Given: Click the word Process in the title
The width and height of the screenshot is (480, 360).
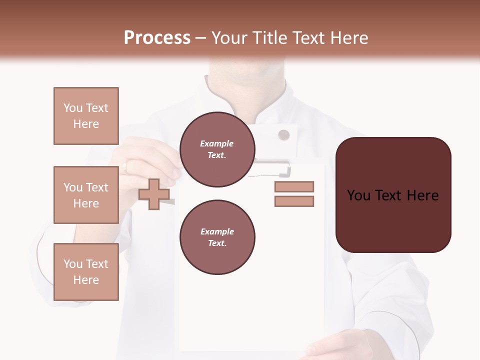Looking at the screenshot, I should [x=157, y=38].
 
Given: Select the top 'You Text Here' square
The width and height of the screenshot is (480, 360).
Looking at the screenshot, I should [x=86, y=116].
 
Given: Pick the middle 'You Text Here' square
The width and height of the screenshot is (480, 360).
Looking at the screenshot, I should [x=86, y=195].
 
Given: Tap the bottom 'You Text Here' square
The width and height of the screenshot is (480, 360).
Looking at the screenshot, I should [x=86, y=271].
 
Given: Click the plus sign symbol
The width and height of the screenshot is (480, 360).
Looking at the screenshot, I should [x=153, y=194].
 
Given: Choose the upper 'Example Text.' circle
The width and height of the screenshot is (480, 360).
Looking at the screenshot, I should [x=217, y=149].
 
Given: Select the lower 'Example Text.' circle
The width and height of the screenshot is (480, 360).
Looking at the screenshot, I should [x=217, y=237].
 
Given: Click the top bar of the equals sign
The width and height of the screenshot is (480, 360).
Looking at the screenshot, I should [x=294, y=186].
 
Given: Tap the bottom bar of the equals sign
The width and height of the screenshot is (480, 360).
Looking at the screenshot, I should [x=294, y=201].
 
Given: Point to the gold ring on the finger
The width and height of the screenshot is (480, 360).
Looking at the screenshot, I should [x=125, y=166].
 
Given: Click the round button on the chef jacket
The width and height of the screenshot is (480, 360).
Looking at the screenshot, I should [x=283, y=134].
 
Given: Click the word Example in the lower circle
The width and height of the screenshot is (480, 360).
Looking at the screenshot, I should [x=217, y=231].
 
